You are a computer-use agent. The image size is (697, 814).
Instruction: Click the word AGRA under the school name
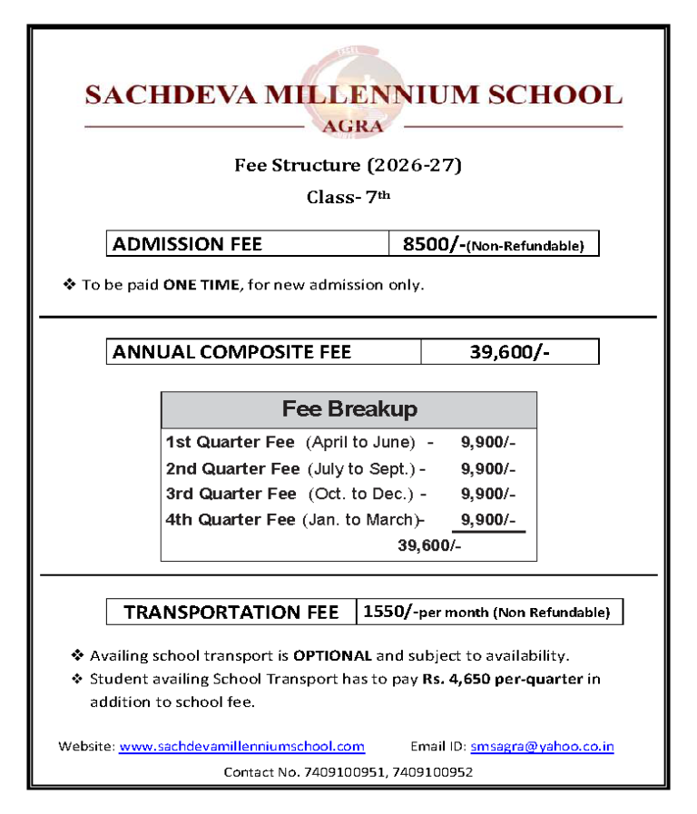click(353, 126)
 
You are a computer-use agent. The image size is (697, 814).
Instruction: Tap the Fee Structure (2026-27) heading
click(348, 165)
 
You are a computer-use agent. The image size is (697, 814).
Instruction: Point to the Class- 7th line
click(348, 197)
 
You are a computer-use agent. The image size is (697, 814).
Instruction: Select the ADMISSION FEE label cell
click(247, 243)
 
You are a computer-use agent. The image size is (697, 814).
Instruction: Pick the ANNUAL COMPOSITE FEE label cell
click(263, 351)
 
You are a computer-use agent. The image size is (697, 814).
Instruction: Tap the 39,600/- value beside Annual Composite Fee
click(509, 351)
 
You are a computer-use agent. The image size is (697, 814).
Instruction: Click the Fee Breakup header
click(349, 409)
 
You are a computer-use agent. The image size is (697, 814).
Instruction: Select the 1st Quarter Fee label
click(231, 443)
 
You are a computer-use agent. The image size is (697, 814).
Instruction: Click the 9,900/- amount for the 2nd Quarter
click(488, 469)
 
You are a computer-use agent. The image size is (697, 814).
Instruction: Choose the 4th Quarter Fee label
click(231, 520)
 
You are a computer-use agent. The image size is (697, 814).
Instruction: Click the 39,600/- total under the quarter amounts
click(429, 545)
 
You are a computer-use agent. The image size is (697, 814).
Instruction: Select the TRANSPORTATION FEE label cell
click(231, 613)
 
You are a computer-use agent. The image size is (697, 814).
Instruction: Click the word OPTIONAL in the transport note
click(332, 655)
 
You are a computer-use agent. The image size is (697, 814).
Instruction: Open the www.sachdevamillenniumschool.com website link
click(241, 747)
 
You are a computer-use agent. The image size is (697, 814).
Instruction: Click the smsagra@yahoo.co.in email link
click(542, 747)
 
